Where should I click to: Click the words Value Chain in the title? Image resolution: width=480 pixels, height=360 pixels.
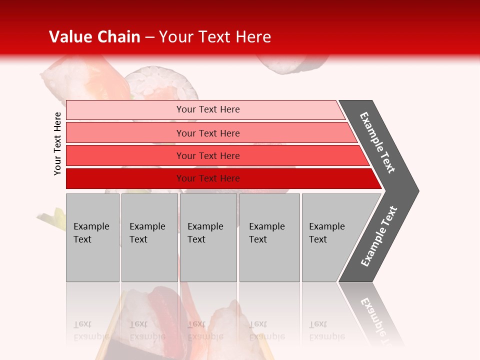pyautogui.click(x=94, y=37)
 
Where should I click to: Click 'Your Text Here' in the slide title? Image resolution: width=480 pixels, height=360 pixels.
pyautogui.click(x=215, y=37)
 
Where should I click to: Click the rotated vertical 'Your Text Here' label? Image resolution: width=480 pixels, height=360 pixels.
pyautogui.click(x=57, y=143)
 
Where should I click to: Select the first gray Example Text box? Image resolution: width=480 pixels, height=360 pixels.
pyautogui.click(x=92, y=237)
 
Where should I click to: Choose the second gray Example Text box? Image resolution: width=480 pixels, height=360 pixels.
pyautogui.click(x=149, y=237)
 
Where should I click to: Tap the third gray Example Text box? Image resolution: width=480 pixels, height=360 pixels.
pyautogui.click(x=208, y=237)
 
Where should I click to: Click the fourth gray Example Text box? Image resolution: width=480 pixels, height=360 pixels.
pyautogui.click(x=269, y=237)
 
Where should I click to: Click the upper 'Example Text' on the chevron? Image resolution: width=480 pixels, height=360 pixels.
pyautogui.click(x=377, y=142)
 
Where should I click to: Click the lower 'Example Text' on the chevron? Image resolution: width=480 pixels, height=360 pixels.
pyautogui.click(x=379, y=236)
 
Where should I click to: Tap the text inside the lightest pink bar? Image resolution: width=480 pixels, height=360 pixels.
pyautogui.click(x=208, y=109)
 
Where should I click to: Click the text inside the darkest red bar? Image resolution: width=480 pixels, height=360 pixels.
pyautogui.click(x=208, y=178)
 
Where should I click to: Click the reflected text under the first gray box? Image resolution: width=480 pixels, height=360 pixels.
pyautogui.click(x=91, y=330)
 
